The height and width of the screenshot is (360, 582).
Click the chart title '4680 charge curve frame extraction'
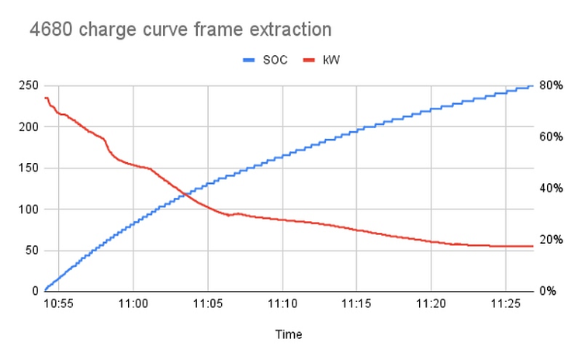(180, 30)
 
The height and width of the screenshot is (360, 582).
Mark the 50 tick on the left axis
(31, 250)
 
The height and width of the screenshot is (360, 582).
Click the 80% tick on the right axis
(551, 85)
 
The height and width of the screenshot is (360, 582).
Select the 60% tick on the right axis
(551, 137)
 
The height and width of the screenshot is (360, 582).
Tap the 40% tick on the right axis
(551, 188)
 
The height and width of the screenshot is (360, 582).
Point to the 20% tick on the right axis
(551, 239)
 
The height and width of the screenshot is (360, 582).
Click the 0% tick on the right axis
(548, 291)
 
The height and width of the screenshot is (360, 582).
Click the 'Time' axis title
(289, 334)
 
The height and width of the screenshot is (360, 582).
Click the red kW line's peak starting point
(46, 98)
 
